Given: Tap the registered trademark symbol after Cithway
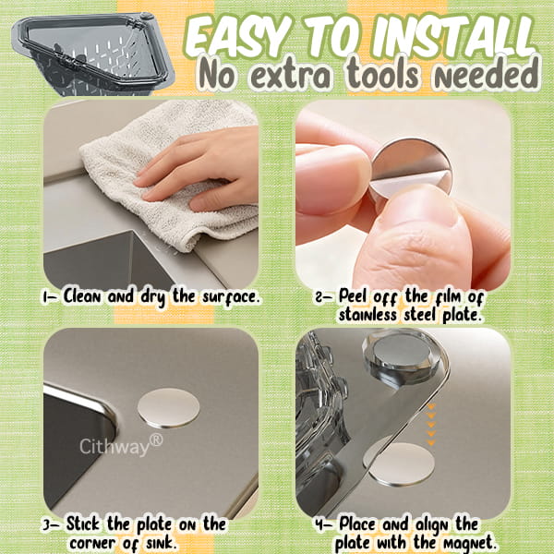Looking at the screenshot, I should pyautogui.click(x=156, y=438).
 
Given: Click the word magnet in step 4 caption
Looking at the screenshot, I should pyautogui.click(x=468, y=542).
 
